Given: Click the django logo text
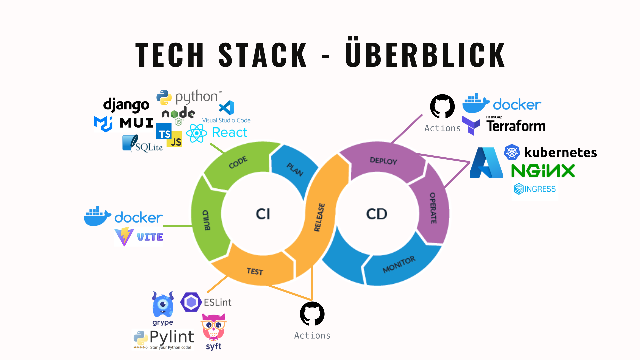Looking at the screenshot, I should [126, 105].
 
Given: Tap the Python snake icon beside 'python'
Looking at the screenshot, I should [164, 97].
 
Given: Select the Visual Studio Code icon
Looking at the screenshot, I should [227, 108].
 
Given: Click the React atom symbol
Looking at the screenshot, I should [197, 133].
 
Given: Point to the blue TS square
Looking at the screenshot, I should [164, 132].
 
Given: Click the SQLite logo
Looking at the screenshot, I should [142, 144].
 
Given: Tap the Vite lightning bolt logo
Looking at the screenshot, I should [124, 236].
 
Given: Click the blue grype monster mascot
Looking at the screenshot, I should [163, 305].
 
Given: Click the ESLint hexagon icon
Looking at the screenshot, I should [191, 302].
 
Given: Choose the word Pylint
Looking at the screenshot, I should [172, 337].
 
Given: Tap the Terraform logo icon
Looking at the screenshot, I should [471, 125].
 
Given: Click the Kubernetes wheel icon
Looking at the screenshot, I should [512, 152].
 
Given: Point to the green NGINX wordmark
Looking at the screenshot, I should [543, 171].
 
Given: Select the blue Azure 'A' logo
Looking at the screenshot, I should [487, 163].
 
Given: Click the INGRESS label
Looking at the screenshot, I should [540, 189].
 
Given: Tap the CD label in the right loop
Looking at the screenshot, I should [377, 214].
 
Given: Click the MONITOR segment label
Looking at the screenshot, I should [399, 264].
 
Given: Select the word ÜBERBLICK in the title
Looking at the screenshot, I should [425, 54].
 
